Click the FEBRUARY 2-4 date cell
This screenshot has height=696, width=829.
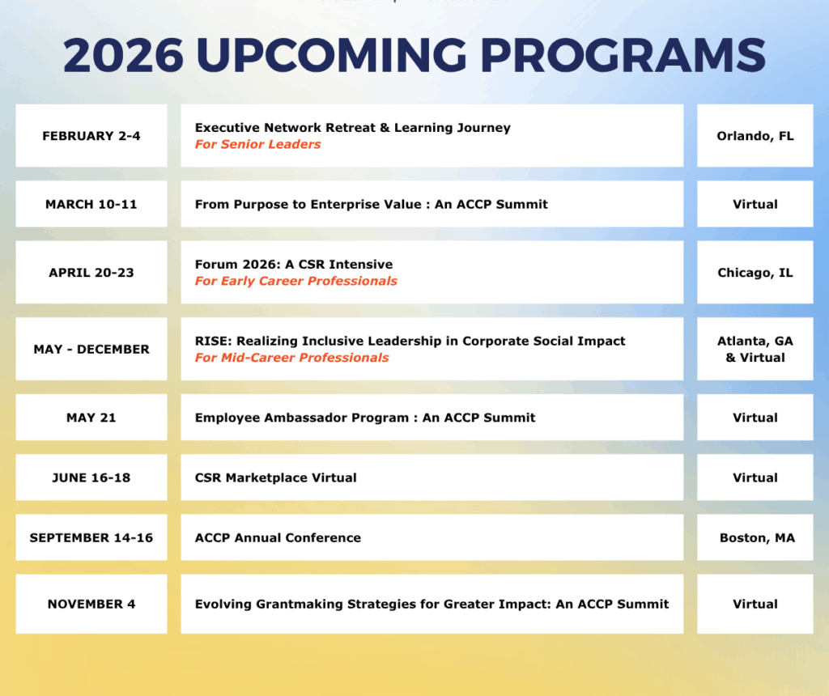pyautogui.click(x=91, y=136)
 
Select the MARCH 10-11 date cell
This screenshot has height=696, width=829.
pyautogui.click(x=91, y=204)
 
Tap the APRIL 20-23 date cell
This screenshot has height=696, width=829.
pyautogui.click(x=91, y=273)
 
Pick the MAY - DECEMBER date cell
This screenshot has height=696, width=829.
pyautogui.click(x=91, y=350)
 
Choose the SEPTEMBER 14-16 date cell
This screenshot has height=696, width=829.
pyautogui.click(x=91, y=537)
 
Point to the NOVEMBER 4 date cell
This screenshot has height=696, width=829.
pyautogui.click(x=91, y=604)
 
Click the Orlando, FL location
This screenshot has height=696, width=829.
pyautogui.click(x=755, y=136)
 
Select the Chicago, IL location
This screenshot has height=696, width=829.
pyautogui.click(x=755, y=273)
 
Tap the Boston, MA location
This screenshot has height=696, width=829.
pyautogui.click(x=757, y=537)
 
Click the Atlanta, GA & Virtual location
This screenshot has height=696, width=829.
pyautogui.click(x=755, y=350)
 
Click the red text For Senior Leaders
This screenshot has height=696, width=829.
pyautogui.click(x=258, y=144)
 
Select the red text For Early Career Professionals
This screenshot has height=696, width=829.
pyautogui.click(x=296, y=281)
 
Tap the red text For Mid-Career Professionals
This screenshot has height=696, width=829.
pyautogui.click(x=291, y=358)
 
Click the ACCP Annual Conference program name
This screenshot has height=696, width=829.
pyautogui.click(x=278, y=537)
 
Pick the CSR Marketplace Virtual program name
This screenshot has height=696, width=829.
pyautogui.click(x=276, y=477)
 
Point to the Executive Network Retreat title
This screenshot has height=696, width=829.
pyautogui.click(x=353, y=127)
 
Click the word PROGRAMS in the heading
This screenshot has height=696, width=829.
pyautogui.click(x=623, y=55)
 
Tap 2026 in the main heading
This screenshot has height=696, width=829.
pyautogui.click(x=124, y=55)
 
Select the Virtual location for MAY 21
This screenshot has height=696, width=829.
pyautogui.click(x=755, y=418)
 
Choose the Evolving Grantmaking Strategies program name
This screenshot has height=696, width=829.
pyautogui.click(x=432, y=604)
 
